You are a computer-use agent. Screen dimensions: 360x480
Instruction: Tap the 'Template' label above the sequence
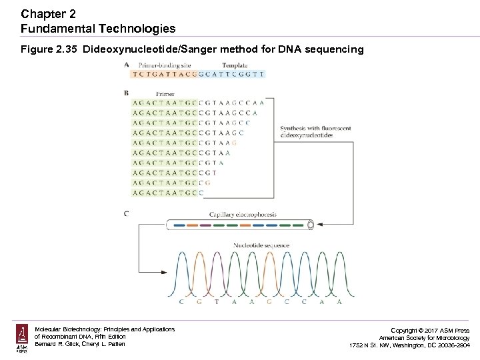pyautogui.click(x=235, y=65)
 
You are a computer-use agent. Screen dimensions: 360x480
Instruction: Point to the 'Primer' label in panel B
pyautogui.click(x=165, y=94)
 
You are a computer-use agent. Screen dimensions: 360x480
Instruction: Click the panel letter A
pyautogui.click(x=127, y=65)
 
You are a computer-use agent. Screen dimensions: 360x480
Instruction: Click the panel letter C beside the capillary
pyautogui.click(x=127, y=213)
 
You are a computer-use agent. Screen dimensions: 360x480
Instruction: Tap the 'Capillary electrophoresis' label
pyautogui.click(x=243, y=215)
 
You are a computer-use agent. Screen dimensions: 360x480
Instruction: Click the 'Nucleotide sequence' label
pyautogui.click(x=261, y=245)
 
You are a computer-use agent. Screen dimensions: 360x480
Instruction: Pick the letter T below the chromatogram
pyautogui.click(x=216, y=302)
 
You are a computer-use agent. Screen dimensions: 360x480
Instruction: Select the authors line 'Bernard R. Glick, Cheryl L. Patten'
pyautogui.click(x=81, y=345)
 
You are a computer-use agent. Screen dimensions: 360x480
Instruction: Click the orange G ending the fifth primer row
pyautogui.click(x=235, y=143)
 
